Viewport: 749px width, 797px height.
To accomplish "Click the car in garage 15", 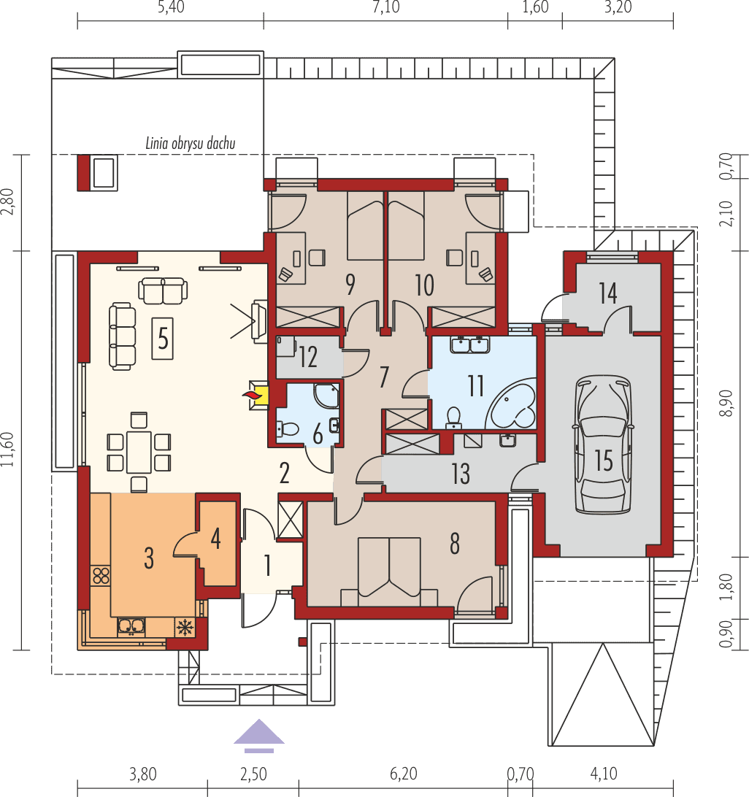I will click(x=603, y=444).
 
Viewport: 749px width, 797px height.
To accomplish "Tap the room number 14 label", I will click(x=608, y=293).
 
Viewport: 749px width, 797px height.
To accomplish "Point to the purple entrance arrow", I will click(x=258, y=735).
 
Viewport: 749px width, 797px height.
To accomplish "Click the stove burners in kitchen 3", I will click(x=101, y=574).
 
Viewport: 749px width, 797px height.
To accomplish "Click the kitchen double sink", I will click(x=131, y=625).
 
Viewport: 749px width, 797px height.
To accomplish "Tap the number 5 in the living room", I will click(x=163, y=338).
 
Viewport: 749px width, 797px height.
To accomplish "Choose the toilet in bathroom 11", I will click(x=454, y=417).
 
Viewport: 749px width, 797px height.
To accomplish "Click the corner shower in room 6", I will click(x=327, y=396).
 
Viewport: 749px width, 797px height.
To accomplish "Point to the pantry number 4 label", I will click(x=215, y=538).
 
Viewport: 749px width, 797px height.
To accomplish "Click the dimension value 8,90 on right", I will click(x=726, y=402).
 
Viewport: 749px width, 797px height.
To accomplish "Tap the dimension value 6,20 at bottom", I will click(x=404, y=774).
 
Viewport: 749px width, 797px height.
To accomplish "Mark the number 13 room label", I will click(x=460, y=474).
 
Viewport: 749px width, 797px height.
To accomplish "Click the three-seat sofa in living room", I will click(x=122, y=336).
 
